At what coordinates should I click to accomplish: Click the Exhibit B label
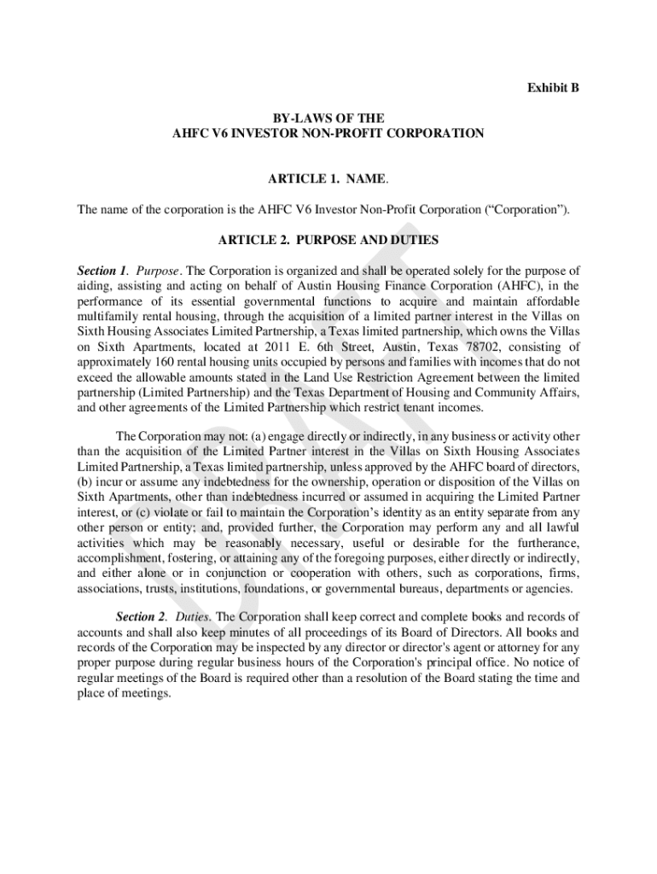(553, 88)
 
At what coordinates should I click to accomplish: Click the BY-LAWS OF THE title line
(328, 118)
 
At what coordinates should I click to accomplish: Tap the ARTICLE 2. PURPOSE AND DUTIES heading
(328, 241)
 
